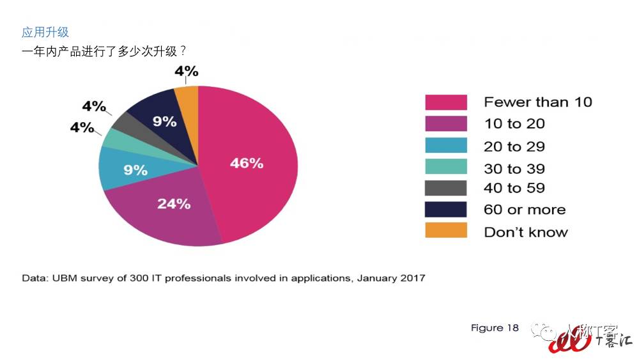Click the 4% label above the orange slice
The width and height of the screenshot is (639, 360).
[186, 71]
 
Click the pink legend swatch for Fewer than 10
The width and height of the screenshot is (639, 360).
[446, 102]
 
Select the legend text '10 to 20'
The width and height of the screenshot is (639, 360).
[514, 123]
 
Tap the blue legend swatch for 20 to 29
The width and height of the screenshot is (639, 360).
[446, 146]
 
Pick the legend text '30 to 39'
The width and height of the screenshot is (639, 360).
[514, 169]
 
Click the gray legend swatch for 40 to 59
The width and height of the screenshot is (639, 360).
[446, 188]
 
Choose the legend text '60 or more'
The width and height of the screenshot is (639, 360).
[525, 210]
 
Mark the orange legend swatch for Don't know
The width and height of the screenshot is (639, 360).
[446, 231]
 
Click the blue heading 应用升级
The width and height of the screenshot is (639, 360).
[45, 32]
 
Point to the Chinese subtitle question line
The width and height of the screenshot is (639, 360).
[99, 51]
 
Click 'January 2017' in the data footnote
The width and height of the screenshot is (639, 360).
[391, 278]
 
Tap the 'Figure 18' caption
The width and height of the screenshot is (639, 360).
[495, 328]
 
